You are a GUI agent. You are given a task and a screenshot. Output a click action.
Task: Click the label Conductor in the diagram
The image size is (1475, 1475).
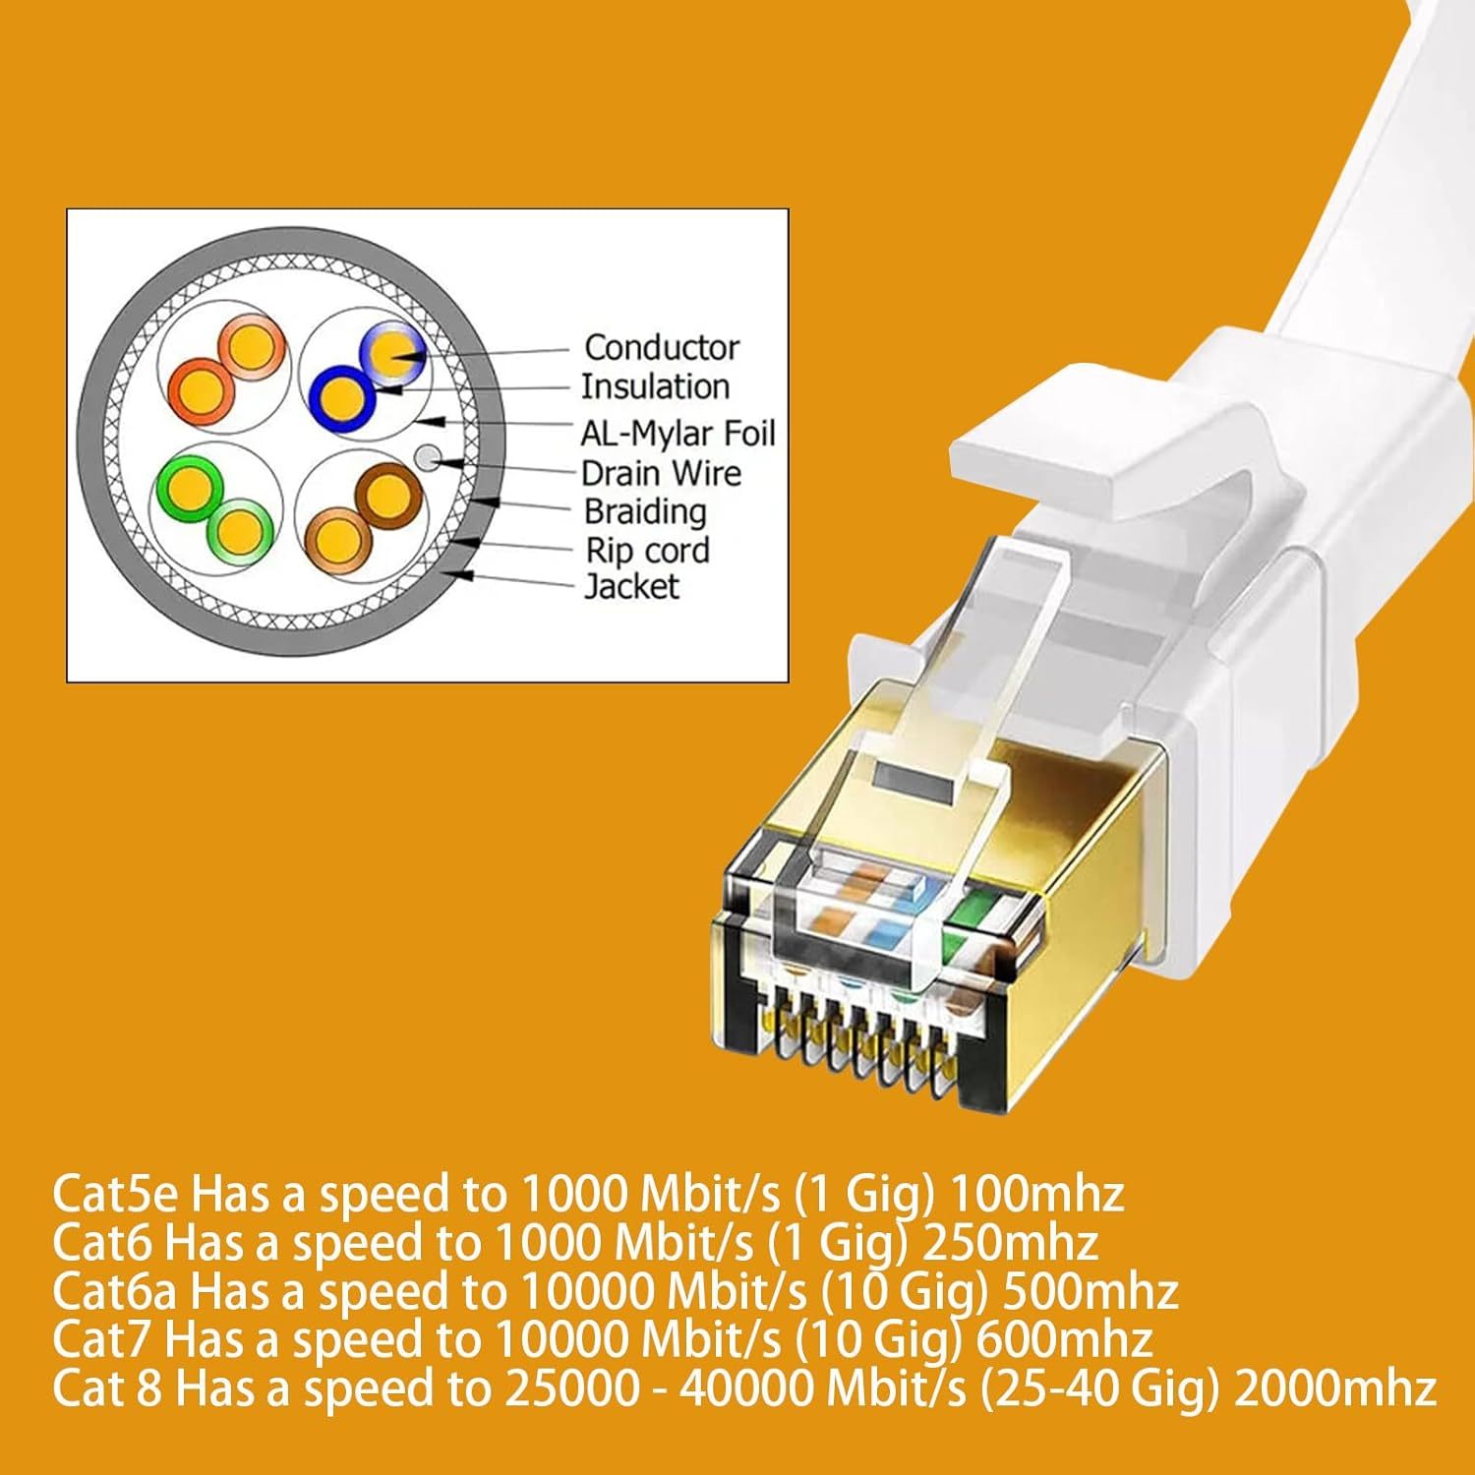click(661, 347)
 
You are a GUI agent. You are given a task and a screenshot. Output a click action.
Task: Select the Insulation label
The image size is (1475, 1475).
click(655, 386)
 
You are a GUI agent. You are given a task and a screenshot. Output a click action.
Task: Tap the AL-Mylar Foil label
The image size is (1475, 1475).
click(678, 433)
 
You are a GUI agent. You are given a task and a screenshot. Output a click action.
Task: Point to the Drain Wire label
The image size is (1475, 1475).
click(661, 473)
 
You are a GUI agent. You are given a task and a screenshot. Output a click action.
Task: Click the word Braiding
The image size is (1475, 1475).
click(645, 512)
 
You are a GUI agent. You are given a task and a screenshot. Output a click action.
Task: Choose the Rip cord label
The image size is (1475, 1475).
click(647, 550)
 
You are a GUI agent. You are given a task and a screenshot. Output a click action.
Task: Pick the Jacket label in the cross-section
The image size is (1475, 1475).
click(631, 587)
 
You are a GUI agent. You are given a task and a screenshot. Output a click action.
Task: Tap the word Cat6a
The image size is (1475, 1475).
click(116, 1291)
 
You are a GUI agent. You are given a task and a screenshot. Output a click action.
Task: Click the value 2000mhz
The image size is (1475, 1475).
click(1335, 1387)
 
